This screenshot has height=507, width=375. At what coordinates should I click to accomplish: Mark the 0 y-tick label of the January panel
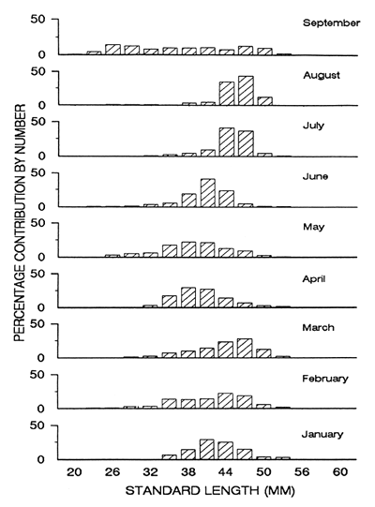pyautogui.click(x=42, y=459)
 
